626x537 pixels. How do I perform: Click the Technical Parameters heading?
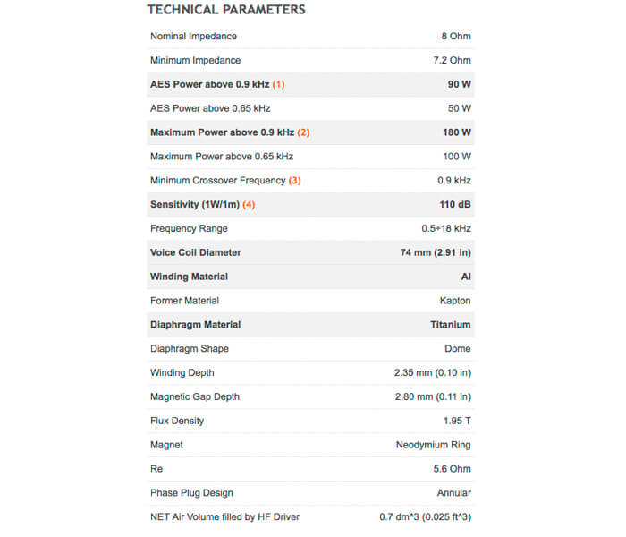click(226, 10)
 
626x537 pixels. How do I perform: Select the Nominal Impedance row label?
click(193, 37)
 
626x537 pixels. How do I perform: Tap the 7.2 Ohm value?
click(451, 61)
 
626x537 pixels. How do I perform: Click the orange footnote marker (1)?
click(278, 85)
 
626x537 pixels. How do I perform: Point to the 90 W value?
click(460, 85)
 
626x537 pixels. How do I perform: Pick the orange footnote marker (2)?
click(303, 132)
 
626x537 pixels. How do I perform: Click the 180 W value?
click(457, 132)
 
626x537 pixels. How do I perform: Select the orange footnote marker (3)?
click(294, 181)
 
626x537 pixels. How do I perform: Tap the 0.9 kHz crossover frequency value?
click(454, 181)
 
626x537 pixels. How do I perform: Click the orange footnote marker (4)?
click(249, 205)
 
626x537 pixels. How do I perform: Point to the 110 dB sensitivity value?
click(455, 205)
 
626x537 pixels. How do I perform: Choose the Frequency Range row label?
click(189, 229)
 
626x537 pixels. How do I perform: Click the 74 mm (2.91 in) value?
click(436, 252)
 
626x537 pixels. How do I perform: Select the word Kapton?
click(455, 301)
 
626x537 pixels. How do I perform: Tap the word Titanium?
click(451, 325)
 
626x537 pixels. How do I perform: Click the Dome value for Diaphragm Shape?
click(458, 349)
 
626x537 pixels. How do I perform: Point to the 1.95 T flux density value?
click(456, 421)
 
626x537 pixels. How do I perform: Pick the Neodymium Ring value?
click(434, 445)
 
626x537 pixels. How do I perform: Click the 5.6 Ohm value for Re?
click(453, 469)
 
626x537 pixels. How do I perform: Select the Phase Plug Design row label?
click(191, 493)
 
